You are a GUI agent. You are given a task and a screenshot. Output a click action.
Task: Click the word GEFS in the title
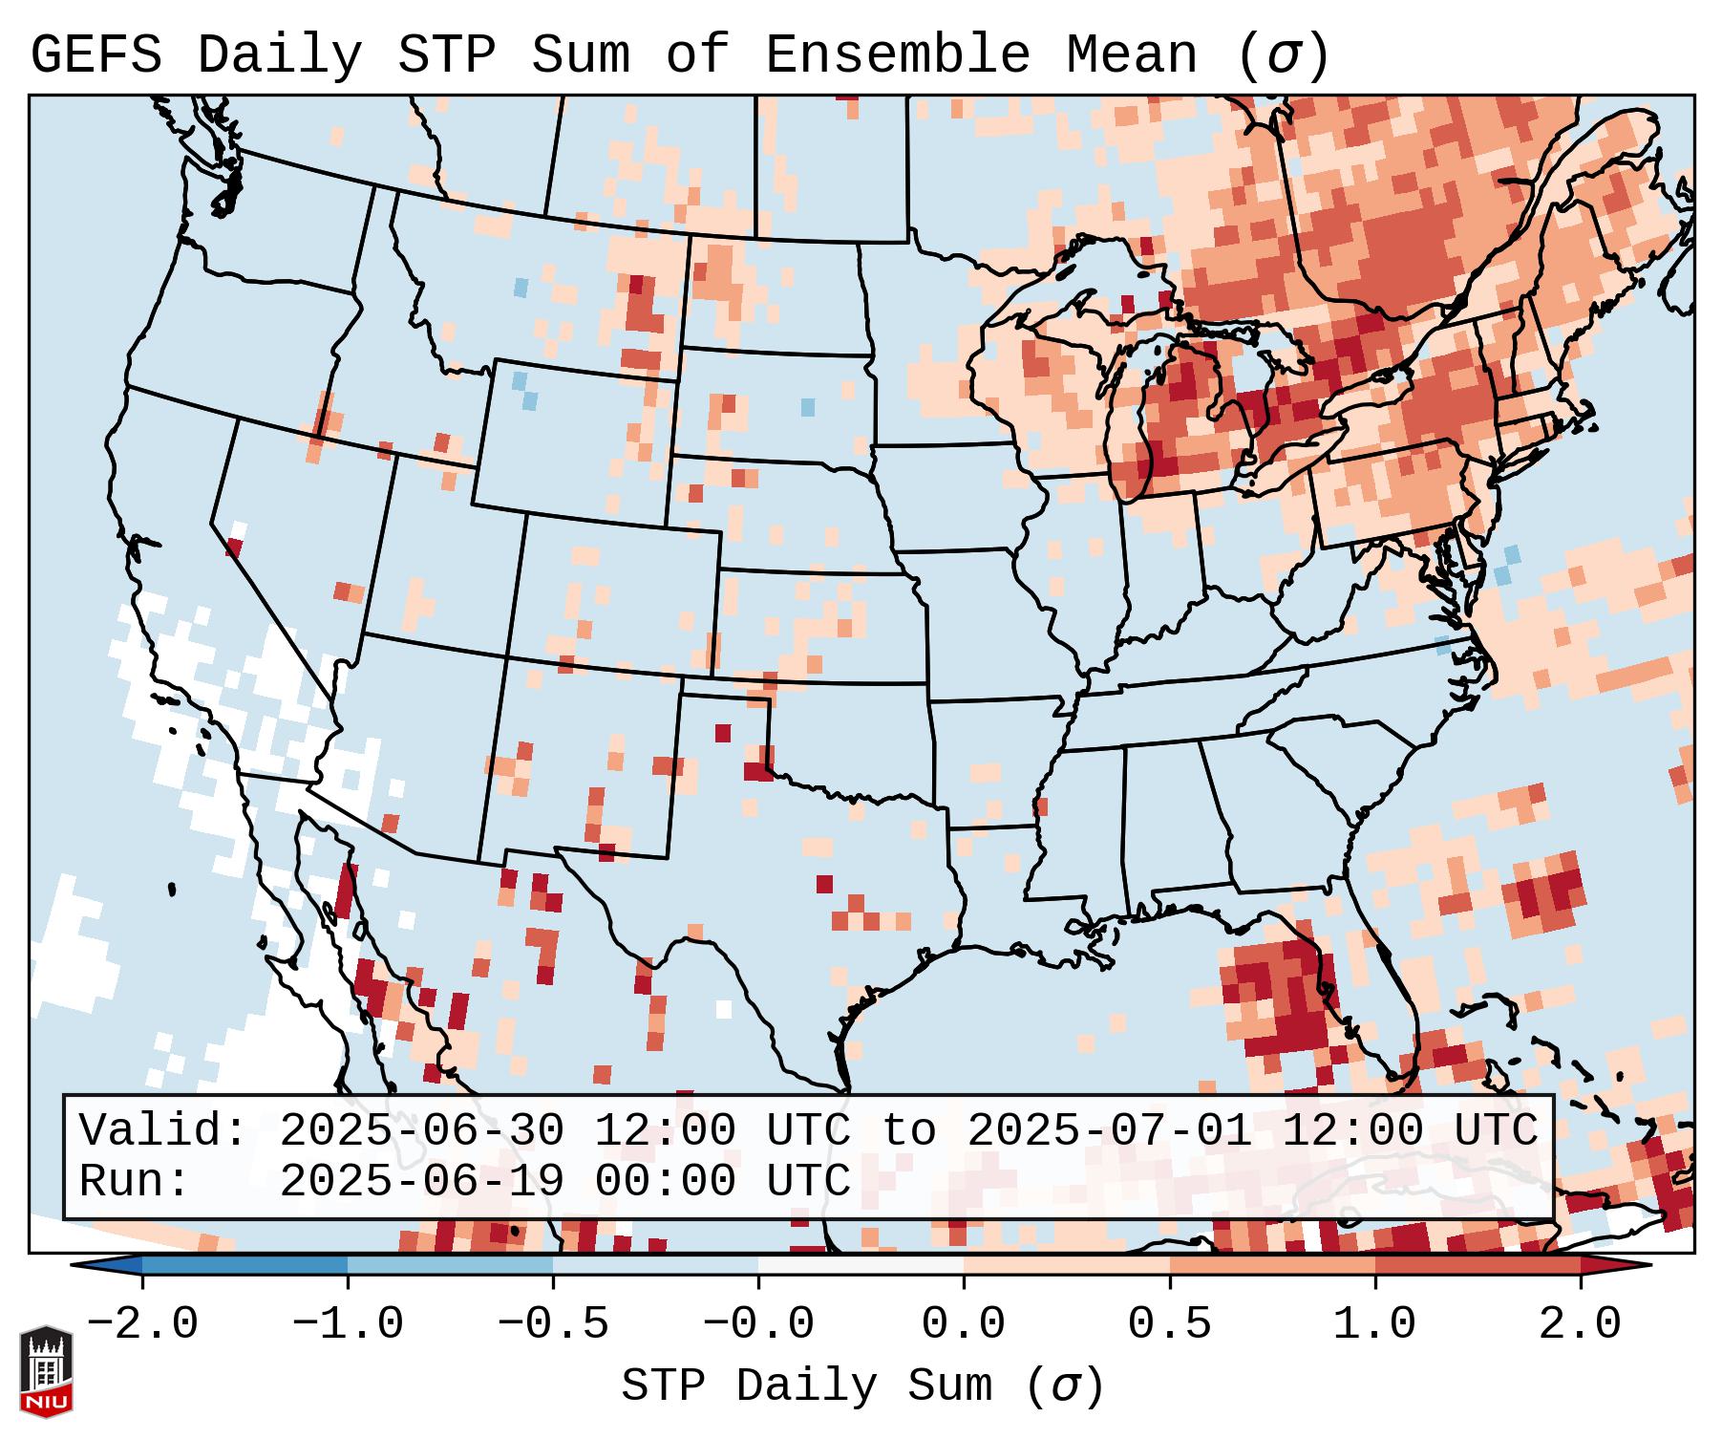pos(96,55)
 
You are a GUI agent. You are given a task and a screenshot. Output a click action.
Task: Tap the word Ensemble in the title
pos(898,55)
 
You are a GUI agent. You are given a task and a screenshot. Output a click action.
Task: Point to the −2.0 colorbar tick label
pos(142,1324)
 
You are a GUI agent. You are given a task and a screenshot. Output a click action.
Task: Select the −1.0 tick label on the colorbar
pos(348,1324)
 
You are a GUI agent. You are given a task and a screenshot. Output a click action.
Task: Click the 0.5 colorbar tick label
pos(1169,1324)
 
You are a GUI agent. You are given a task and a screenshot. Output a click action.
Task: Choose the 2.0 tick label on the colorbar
pos(1580,1324)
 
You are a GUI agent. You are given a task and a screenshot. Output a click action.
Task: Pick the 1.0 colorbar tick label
pos(1374,1324)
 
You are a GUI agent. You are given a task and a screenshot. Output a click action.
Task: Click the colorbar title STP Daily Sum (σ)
pos(862,1386)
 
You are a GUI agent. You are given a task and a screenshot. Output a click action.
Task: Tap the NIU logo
pos(46,1371)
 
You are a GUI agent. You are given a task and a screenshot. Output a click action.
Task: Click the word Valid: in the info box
pos(163,1131)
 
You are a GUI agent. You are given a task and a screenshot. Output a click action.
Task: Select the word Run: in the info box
pos(135,1182)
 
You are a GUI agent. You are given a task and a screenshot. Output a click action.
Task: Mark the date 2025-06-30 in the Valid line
pos(421,1131)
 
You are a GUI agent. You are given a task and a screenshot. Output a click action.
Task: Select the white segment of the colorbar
pos(861,1265)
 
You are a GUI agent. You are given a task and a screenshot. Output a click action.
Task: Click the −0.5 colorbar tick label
pos(553,1324)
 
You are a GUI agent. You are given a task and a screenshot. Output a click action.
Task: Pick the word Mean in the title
pos(1132,55)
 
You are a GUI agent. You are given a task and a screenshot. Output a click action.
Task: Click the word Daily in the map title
pos(279,55)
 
